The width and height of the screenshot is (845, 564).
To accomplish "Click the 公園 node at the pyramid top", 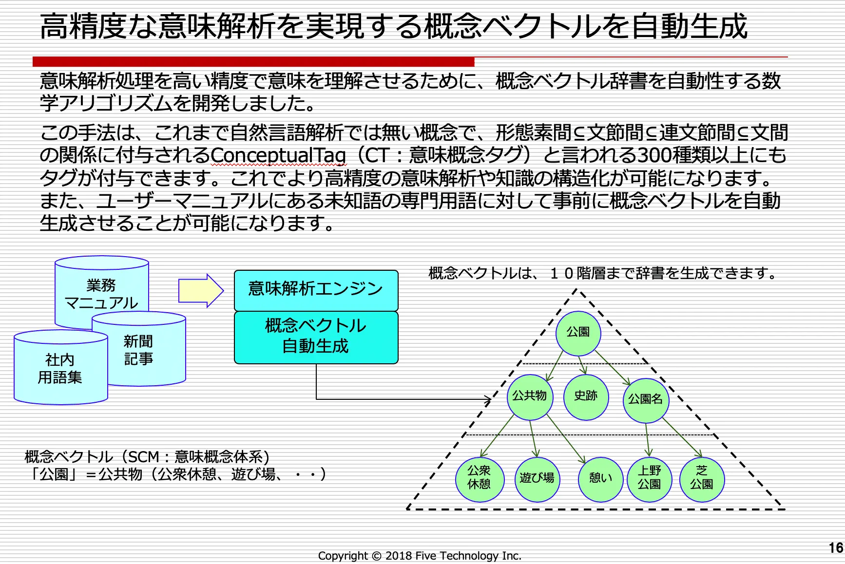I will pos(578,333).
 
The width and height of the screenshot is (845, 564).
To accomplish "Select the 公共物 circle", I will pos(530,397).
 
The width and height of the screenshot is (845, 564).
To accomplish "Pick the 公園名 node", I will pos(646,400).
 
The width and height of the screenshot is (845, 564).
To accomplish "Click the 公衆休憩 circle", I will pos(479,478).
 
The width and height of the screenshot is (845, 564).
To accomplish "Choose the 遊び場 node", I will pos(537,479).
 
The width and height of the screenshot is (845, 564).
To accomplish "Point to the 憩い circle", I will pos(600,479).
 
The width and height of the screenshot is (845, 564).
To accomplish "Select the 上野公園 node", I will pos(650,478).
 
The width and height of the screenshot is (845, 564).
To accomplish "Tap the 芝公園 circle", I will pos(702,478).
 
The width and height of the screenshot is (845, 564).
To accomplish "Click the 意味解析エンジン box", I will pos(316,290).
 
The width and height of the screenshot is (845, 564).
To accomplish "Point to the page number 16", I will pos(836,548).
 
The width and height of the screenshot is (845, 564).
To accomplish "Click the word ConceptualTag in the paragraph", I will pos(278,156).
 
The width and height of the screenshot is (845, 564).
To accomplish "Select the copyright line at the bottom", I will pos(420,556).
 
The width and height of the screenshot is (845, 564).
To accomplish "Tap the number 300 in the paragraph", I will pos(653,156).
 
